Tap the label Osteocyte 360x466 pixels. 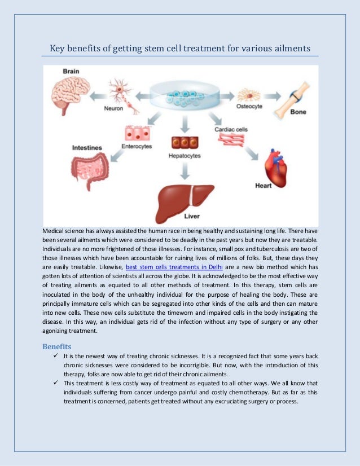click(249, 108)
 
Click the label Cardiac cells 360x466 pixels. click(231, 129)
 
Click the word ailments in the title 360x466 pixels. click(290, 49)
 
